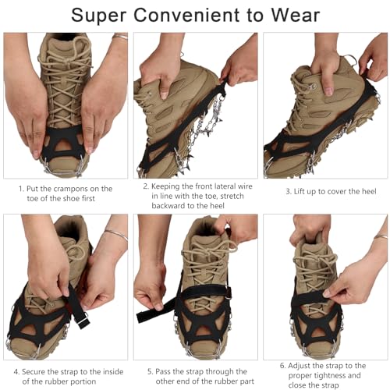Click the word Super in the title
point(98,16)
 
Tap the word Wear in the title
point(296,16)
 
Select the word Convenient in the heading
point(186,16)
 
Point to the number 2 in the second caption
point(146,186)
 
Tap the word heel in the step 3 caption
point(368,192)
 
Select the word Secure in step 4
point(33,372)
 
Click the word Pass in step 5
point(163,372)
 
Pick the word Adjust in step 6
point(299,366)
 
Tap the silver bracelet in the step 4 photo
point(116,234)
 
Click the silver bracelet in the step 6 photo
point(381,237)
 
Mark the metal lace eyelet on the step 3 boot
point(314,86)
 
